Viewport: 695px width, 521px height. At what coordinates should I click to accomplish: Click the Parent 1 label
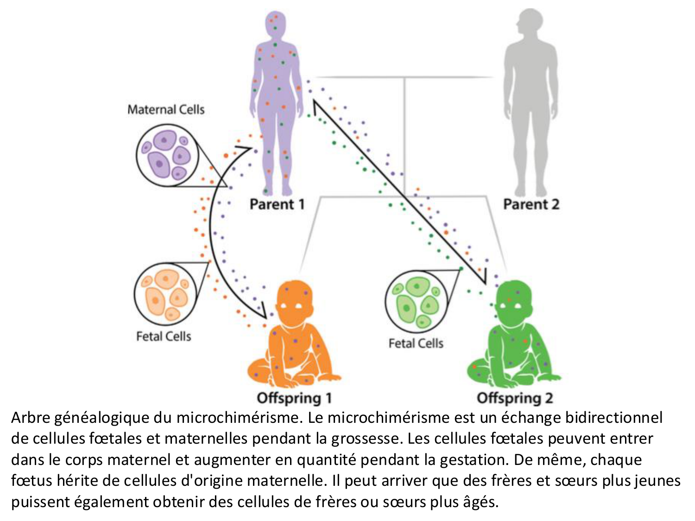tap(277, 204)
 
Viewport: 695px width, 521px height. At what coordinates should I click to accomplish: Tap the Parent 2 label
tap(531, 204)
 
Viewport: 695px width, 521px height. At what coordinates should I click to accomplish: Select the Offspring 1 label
tap(294, 398)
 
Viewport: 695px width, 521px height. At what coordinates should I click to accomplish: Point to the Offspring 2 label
tap(515, 398)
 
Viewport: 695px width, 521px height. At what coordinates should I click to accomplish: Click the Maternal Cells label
tap(166, 110)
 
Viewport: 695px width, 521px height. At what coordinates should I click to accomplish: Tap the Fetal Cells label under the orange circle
tap(164, 336)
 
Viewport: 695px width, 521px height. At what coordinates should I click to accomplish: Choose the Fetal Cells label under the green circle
tap(416, 343)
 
